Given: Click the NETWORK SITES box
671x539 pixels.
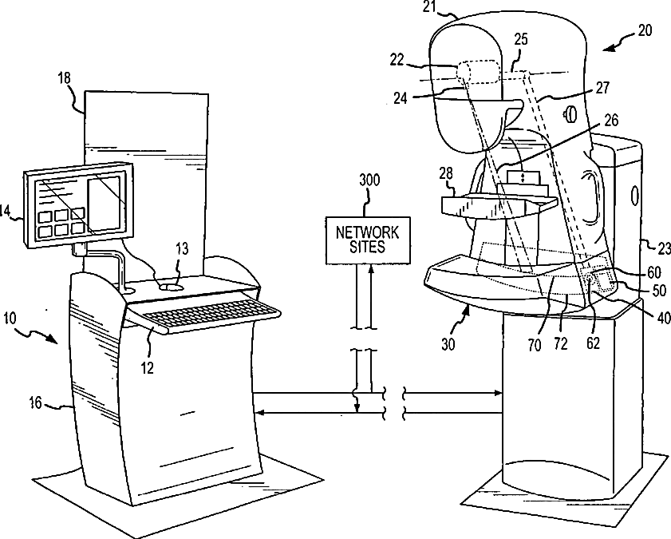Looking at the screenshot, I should click(367, 240).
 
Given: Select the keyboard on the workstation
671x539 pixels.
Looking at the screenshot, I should click(207, 316).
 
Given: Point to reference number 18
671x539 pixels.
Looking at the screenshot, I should click(65, 77).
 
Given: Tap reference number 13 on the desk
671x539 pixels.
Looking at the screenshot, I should click(182, 250).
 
